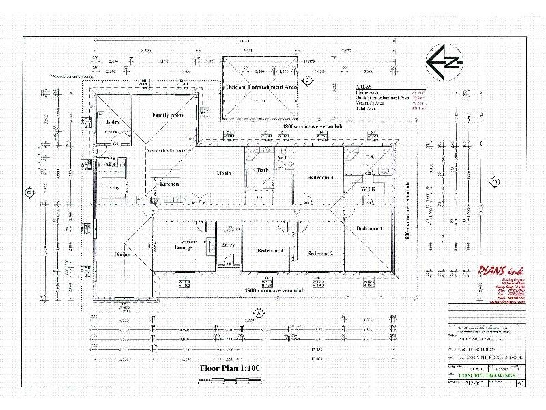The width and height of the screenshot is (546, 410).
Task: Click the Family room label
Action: point(167,115)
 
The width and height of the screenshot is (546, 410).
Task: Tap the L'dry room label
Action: point(113,122)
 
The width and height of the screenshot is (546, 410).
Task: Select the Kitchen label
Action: point(169,184)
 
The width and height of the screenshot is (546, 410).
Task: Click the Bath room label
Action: point(263,169)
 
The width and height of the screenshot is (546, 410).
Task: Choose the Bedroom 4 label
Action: point(320,178)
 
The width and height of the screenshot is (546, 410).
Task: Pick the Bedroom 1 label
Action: point(369,228)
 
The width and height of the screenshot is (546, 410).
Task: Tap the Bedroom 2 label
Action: point(320,254)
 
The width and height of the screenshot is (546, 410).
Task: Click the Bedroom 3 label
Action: point(270,251)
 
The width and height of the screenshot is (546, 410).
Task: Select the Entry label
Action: point(228,245)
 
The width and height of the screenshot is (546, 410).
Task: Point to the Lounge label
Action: point(184,247)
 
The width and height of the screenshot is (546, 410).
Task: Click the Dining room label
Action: point(123,254)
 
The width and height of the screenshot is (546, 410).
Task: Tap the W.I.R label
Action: point(369,188)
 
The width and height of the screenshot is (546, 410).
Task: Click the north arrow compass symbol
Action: point(444,64)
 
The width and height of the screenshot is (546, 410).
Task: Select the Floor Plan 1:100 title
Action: point(230,368)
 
